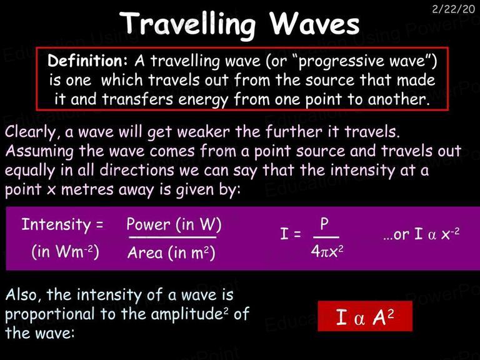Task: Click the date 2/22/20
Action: [453, 9]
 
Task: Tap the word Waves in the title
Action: [315, 24]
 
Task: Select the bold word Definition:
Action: [87, 60]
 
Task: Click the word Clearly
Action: [31, 132]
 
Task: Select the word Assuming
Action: [39, 151]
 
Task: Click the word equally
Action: [30, 171]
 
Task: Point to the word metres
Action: [87, 189]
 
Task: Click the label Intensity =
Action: [62, 225]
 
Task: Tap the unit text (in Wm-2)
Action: [65, 252]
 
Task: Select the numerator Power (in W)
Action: [174, 224]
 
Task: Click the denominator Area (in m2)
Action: [171, 253]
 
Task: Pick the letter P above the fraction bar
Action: [324, 224]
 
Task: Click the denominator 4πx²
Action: [327, 251]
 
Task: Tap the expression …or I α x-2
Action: [421, 234]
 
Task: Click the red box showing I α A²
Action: [365, 316]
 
